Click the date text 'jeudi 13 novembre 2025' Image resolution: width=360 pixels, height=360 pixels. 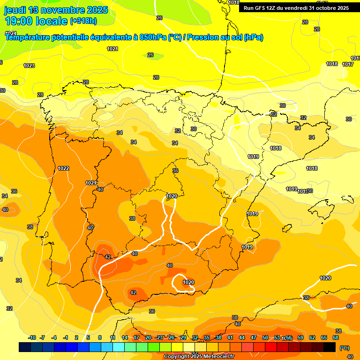click(x=56, y=10)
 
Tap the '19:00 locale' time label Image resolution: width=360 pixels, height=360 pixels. click(x=35, y=21)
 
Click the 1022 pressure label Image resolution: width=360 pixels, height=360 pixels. click(x=63, y=168)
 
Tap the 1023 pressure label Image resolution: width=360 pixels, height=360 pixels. click(x=29, y=66)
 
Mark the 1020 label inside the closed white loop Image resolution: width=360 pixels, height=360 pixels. click(x=188, y=282)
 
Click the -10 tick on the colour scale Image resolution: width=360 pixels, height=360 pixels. click(x=32, y=337)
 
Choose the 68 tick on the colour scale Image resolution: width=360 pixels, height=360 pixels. click(x=336, y=337)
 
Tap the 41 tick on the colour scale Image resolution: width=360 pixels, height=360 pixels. click(x=230, y=337)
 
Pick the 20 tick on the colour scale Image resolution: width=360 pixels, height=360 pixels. click(x=148, y=337)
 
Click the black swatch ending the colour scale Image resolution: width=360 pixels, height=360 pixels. click(x=330, y=347)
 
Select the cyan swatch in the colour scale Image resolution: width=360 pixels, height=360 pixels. click(x=119, y=347)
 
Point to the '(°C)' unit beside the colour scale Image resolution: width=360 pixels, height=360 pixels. click(x=344, y=348)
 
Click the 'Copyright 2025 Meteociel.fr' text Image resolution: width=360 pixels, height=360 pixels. click(x=199, y=356)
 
